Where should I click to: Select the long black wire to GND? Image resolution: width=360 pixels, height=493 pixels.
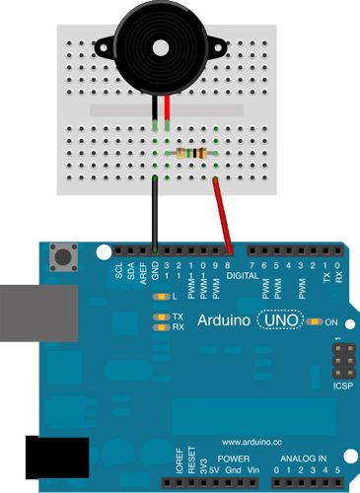point(155,212)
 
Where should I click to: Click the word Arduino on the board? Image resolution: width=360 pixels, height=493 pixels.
point(224,320)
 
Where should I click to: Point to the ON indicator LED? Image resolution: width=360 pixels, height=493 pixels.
point(315,321)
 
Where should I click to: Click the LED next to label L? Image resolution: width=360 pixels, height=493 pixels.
point(159,296)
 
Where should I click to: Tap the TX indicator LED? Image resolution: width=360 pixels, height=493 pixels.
point(159,317)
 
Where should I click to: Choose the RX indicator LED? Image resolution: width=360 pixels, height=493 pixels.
point(159,326)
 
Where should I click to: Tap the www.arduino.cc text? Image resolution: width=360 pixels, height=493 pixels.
point(252,442)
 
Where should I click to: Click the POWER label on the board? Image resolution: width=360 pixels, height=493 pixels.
point(234,459)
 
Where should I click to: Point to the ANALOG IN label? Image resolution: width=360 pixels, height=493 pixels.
point(305,459)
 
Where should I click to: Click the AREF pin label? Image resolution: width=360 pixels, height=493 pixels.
point(143,272)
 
